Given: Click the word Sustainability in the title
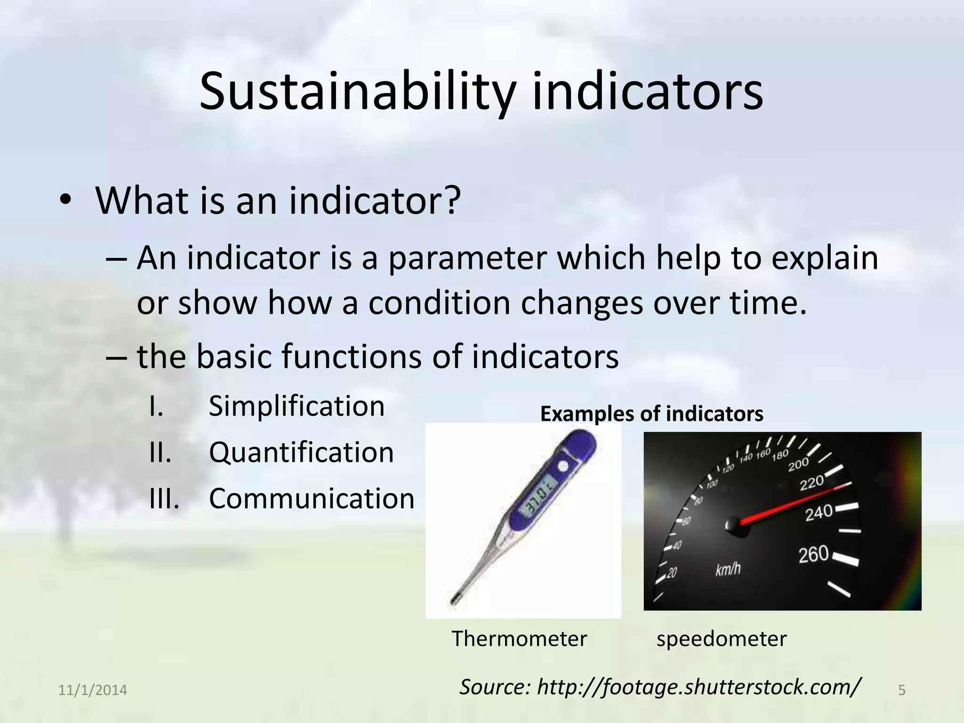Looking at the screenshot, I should click(356, 92).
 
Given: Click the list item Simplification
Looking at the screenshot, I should click(297, 406).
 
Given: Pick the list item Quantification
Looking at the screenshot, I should click(301, 452).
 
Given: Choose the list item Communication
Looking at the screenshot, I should click(311, 498).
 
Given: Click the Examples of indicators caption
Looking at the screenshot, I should click(651, 414).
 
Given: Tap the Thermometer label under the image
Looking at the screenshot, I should click(519, 639).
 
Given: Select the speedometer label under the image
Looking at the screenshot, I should click(721, 639).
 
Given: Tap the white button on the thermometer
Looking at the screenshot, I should click(562, 466).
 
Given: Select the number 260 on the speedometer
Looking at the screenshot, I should click(813, 554).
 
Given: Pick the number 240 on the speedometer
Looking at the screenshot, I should click(819, 513).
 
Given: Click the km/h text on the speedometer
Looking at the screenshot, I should click(728, 570).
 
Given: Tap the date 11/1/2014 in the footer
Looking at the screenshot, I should click(92, 691).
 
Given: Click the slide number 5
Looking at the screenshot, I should click(902, 691).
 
